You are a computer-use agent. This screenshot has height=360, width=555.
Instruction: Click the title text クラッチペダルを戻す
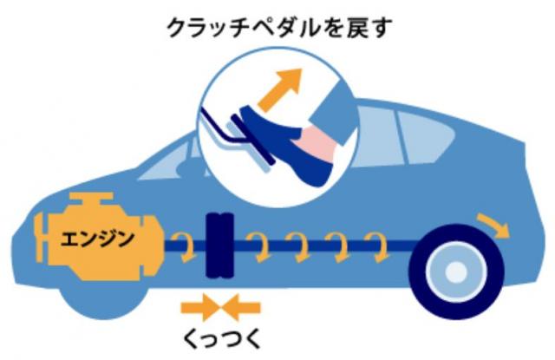click(279, 27)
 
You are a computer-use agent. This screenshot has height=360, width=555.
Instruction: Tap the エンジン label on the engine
click(97, 239)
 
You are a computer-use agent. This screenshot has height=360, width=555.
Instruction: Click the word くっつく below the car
click(222, 338)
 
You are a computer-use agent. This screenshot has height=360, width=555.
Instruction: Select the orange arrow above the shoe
click(280, 89)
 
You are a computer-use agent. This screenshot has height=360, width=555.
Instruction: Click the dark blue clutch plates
click(219, 245)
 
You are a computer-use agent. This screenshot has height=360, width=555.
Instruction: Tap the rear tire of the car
click(456, 272)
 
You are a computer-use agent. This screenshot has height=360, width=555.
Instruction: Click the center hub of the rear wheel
click(456, 272)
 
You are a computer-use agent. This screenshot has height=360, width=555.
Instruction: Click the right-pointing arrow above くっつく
click(199, 308)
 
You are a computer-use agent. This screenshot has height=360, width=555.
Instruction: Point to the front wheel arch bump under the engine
click(102, 301)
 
